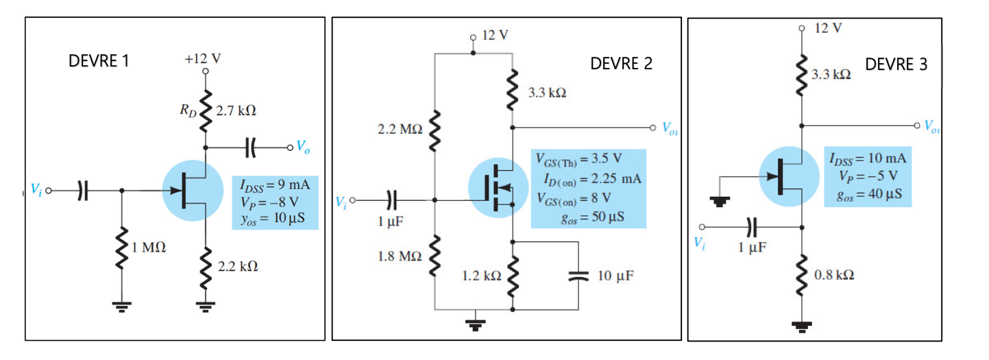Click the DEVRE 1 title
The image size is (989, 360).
(99, 61)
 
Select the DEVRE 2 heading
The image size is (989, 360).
(621, 64)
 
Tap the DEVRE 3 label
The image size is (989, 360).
(896, 64)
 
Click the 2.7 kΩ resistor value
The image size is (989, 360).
(236, 110)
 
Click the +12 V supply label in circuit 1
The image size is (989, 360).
(203, 58)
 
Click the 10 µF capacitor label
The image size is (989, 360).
(615, 276)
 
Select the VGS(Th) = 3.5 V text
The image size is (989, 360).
(579, 162)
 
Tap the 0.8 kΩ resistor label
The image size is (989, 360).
(833, 274)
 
